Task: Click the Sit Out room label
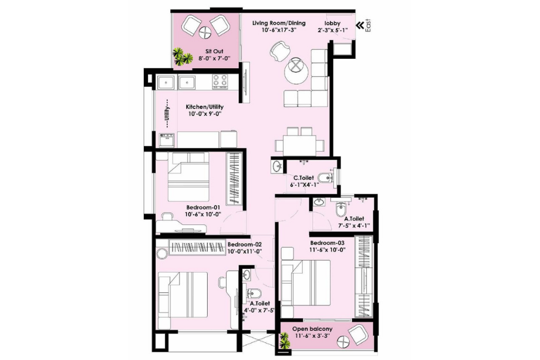coord(205,51)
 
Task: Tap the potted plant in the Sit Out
coord(183,57)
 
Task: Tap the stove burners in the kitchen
coord(221,81)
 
